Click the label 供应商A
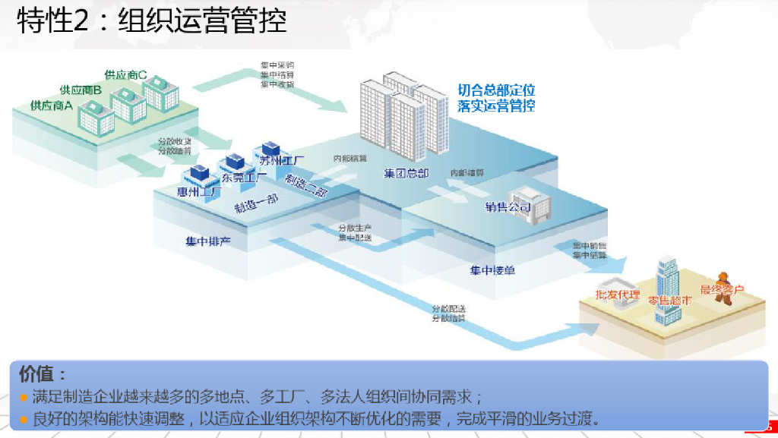51,106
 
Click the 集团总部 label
406,174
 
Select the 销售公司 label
508,206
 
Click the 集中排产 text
207,241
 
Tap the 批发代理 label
617,295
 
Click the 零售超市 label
669,300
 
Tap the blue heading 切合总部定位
496,90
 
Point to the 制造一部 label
255,203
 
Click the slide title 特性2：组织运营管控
152,21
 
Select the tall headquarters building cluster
404,114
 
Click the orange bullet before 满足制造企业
24,397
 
